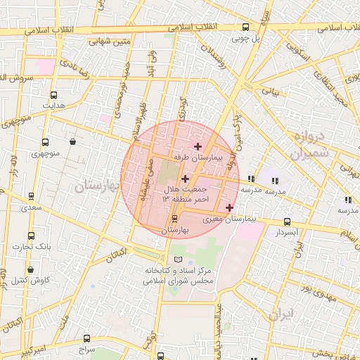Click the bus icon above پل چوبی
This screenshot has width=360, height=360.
[245, 28]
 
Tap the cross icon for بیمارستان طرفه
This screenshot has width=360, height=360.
[198, 147]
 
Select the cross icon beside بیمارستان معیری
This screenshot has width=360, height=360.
[229, 207]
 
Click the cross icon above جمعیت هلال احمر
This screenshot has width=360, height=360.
[185, 179]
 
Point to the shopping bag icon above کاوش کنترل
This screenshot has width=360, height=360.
[30, 269]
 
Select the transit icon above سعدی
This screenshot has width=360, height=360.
[30, 198]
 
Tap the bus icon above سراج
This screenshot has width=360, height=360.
[86, 338]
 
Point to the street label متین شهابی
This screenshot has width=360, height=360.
[109, 41]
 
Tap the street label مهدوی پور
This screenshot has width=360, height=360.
[315, 288]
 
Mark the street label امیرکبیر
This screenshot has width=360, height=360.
[31, 348]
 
